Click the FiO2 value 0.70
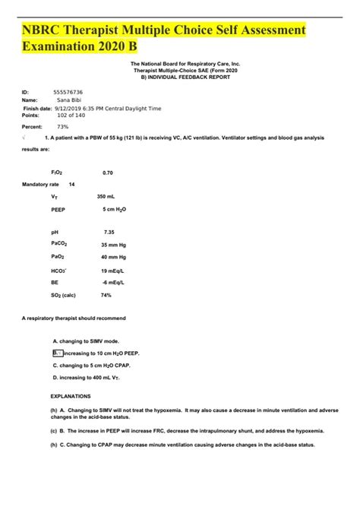[x=108, y=173]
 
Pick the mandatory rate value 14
[x=72, y=185]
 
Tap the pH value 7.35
[x=110, y=231]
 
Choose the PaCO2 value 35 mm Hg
[x=115, y=245]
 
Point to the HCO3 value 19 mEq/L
[x=114, y=270]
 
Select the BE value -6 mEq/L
[x=114, y=282]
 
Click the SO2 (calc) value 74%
[x=106, y=296]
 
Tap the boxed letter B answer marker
[x=57, y=353]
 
